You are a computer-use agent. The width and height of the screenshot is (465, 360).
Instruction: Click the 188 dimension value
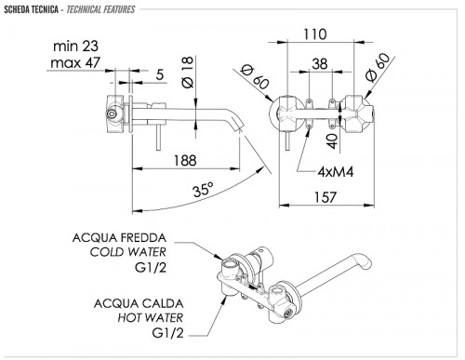point(185,160)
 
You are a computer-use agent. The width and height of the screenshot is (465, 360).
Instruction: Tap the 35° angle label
point(203,189)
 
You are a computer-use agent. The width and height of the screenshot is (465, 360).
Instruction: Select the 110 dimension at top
point(314,34)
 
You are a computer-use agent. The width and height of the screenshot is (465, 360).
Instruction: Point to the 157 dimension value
point(325,197)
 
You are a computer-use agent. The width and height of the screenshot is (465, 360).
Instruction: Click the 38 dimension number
point(320,63)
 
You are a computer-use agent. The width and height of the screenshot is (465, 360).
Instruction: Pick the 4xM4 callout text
point(336,171)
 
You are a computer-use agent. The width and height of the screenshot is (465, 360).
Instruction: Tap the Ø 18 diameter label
point(188,72)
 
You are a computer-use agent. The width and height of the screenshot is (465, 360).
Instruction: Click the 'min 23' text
point(75,47)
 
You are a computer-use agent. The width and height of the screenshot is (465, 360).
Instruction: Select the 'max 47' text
point(75,63)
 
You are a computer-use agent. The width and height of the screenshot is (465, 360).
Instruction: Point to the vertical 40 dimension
point(332,140)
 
